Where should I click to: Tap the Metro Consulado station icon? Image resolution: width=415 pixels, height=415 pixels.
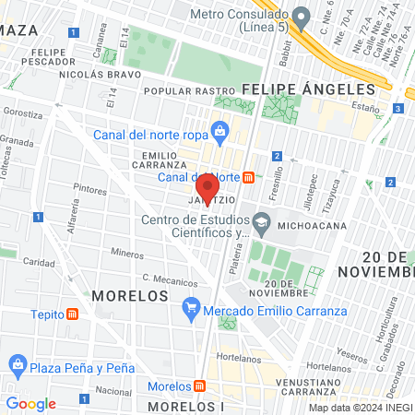302,15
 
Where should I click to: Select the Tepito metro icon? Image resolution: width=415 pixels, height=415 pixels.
73,314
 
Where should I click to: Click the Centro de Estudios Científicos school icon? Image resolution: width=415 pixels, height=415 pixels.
262,222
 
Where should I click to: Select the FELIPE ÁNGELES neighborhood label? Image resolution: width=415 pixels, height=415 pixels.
309,89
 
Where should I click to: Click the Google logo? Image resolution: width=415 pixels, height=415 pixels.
30,403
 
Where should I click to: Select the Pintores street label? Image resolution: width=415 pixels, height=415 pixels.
90,188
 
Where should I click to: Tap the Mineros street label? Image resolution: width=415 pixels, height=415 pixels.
126,251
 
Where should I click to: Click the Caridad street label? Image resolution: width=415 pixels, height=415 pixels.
40,261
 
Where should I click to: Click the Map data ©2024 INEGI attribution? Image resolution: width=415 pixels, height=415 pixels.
360,407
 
